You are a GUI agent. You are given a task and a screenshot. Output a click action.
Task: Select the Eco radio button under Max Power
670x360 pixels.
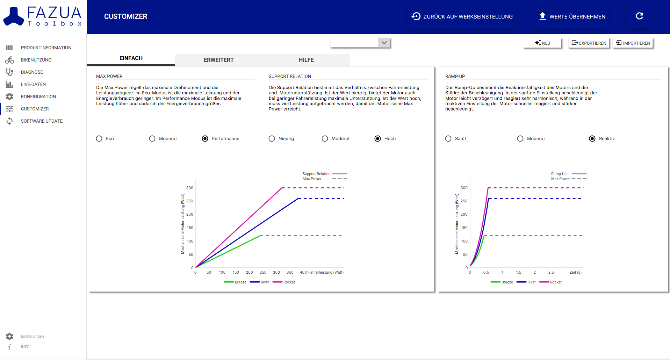click(99, 139)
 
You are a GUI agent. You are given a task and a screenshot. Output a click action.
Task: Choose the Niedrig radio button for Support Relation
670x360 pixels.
click(272, 139)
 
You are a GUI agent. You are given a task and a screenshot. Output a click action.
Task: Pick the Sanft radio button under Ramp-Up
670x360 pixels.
click(448, 139)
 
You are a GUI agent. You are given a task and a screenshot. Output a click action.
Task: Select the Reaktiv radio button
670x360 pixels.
click(592, 139)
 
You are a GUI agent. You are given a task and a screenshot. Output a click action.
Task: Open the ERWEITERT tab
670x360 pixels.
click(219, 60)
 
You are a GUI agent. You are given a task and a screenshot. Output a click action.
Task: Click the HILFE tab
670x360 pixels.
click(306, 60)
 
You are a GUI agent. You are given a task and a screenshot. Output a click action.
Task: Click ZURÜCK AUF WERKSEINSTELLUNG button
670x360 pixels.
click(462, 16)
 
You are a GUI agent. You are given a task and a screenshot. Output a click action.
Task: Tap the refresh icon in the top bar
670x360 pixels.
click(640, 16)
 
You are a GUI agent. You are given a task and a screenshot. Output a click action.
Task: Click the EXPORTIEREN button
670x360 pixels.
click(589, 43)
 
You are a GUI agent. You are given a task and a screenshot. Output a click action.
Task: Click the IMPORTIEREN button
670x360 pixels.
click(633, 43)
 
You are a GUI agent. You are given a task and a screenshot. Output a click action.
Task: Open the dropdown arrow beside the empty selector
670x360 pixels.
click(384, 43)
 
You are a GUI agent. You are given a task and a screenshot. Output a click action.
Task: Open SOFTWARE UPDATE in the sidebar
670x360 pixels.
click(42, 121)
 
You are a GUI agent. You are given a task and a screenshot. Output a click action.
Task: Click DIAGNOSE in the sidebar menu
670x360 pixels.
click(32, 72)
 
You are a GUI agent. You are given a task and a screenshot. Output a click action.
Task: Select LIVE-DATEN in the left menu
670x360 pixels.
click(33, 85)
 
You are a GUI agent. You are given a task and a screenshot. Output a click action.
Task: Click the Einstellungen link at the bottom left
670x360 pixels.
click(32, 336)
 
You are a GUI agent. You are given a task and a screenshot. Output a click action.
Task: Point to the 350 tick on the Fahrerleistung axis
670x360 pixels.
click(290, 272)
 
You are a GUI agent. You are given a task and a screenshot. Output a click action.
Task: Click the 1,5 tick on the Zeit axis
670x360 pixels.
click(519, 272)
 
